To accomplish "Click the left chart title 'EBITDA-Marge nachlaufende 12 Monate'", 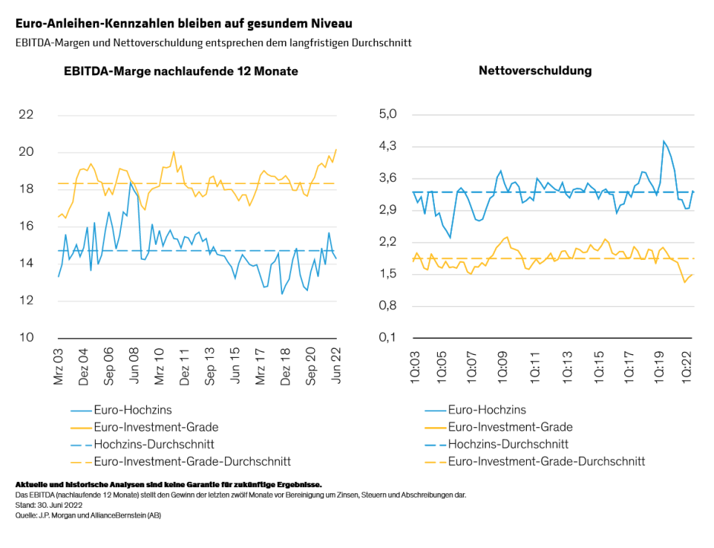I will click(180, 71).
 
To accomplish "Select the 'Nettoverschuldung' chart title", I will click(535, 71).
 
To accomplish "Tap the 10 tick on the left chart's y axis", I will click(47, 337).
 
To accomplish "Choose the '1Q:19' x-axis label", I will click(661, 368).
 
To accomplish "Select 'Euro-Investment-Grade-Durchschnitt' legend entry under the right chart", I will click(546, 461).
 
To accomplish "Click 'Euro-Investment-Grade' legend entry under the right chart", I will click(509, 427).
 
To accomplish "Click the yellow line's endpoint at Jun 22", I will click(336, 150).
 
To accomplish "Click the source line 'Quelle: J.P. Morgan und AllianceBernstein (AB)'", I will click(88, 515).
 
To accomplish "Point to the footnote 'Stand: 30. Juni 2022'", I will click(51, 505).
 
